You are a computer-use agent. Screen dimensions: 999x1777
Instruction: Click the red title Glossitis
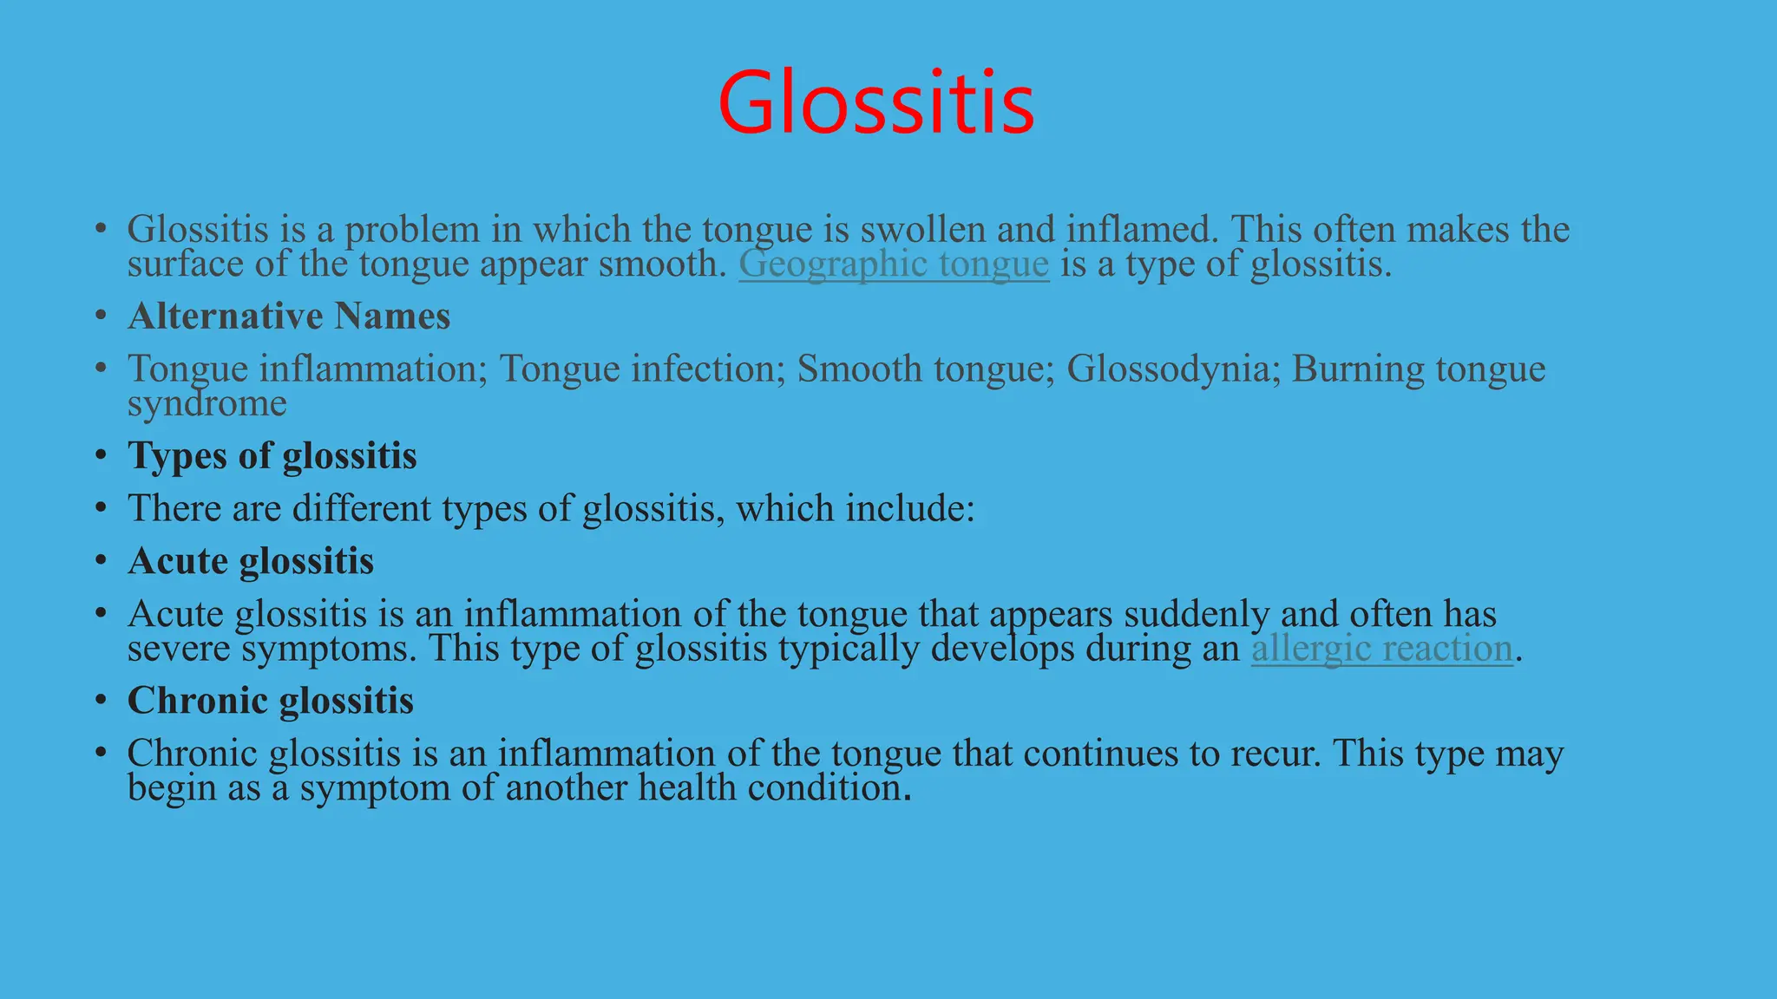(x=876, y=104)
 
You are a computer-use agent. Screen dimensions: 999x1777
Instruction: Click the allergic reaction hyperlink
(x=1381, y=649)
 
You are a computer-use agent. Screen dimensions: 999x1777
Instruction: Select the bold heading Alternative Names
(x=289, y=316)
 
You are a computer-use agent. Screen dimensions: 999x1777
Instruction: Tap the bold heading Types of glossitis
(x=272, y=456)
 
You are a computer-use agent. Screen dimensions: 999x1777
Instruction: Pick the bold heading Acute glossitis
(x=251, y=561)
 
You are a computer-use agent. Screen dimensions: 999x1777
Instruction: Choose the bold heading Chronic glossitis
(x=271, y=701)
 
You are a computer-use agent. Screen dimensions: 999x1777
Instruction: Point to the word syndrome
(x=207, y=403)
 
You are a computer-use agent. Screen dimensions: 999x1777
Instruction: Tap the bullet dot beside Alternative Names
(x=102, y=316)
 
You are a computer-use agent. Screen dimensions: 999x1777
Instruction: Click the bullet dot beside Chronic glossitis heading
(x=102, y=701)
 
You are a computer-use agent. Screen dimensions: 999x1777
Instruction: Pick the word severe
(x=179, y=649)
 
